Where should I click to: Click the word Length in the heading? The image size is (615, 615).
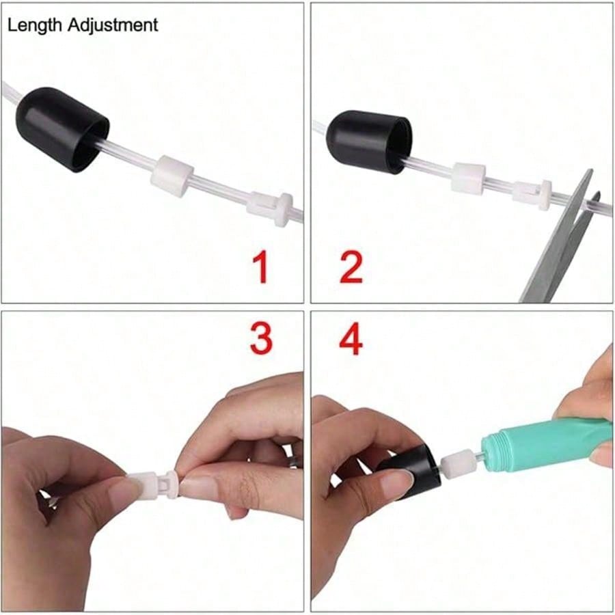35,25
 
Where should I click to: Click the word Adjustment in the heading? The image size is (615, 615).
113,25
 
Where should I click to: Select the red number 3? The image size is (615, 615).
261,339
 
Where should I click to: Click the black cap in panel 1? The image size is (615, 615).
63,130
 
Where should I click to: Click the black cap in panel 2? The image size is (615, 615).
370,141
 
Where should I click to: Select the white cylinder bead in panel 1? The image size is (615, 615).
172,176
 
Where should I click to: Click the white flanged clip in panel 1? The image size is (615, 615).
270,208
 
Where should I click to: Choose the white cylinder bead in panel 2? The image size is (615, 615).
468,179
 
